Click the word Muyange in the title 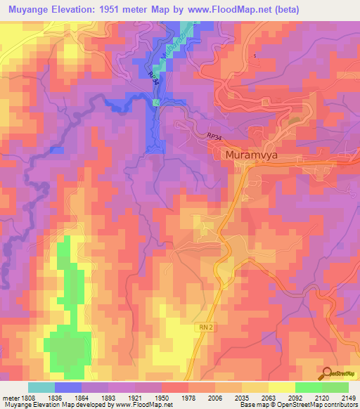[29, 10]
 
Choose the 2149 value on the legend [340, 397]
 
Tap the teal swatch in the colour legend [41, 387]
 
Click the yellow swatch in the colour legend [282, 387]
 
